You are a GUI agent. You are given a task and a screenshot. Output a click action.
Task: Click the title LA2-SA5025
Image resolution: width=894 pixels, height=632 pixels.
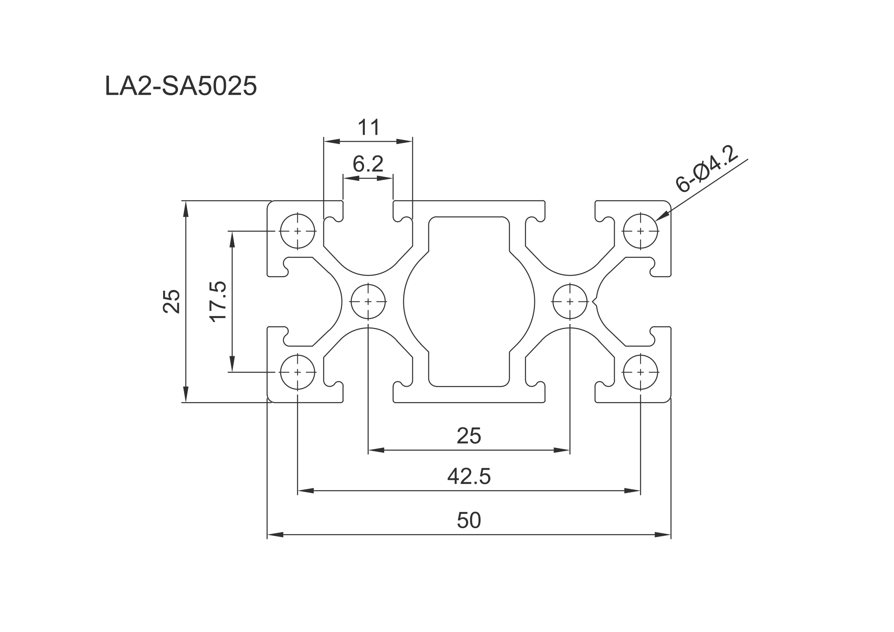(x=181, y=86)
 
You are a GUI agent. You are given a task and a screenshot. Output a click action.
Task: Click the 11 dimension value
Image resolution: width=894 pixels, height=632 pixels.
(x=368, y=127)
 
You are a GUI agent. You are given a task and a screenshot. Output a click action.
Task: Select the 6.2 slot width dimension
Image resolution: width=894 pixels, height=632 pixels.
(x=368, y=164)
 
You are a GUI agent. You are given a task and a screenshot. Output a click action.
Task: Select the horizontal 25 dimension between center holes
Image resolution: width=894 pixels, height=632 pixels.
(x=469, y=436)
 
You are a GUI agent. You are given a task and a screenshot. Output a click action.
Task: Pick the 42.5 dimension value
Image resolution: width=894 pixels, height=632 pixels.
(x=469, y=476)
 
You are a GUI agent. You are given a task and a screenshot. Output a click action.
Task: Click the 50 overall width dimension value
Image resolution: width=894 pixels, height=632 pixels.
(x=469, y=520)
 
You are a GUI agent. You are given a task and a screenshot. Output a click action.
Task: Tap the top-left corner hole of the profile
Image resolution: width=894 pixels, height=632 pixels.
(x=298, y=231)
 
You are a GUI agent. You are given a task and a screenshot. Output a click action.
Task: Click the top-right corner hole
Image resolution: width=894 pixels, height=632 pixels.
(x=640, y=231)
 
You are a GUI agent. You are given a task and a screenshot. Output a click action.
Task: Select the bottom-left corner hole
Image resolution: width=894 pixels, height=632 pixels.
(x=298, y=372)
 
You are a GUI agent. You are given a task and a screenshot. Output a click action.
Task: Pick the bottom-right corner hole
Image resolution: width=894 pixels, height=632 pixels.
(x=640, y=372)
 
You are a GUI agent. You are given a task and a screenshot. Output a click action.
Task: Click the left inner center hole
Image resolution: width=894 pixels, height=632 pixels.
(x=368, y=302)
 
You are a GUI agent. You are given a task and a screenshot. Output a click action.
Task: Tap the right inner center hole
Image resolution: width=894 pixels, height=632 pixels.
(x=570, y=302)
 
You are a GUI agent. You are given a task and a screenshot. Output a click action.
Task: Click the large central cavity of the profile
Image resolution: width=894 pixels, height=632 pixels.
(x=469, y=302)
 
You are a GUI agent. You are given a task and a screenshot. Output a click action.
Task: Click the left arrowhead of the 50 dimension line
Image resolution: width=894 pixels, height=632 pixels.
(x=275, y=535)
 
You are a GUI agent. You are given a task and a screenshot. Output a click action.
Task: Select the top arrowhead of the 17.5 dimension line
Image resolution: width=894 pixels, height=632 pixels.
(x=232, y=239)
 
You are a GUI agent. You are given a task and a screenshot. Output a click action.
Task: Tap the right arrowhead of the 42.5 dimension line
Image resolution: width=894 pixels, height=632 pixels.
(x=632, y=491)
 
